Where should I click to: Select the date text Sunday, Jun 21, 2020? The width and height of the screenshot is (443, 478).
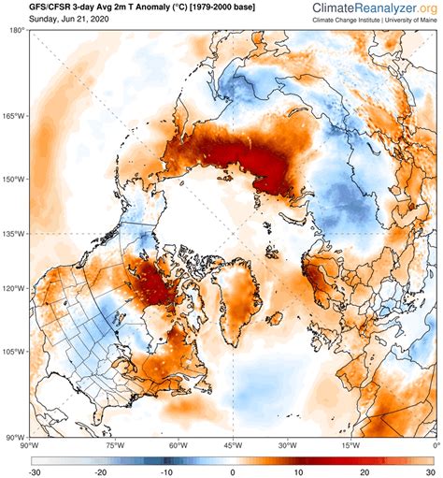pyautogui.click(x=55, y=20)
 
